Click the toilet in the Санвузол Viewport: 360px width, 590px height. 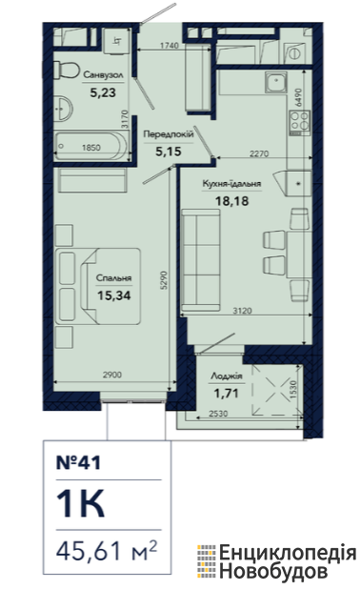pos(65,71)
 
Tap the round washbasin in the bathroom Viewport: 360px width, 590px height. pos(63,109)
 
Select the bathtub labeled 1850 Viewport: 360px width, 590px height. pos(90,147)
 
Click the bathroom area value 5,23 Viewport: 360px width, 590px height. pos(103,92)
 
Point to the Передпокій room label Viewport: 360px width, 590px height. pos(169,134)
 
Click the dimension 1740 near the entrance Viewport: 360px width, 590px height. pos(170,46)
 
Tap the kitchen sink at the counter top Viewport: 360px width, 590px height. pos(275,82)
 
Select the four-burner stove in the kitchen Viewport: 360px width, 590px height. pos(299,123)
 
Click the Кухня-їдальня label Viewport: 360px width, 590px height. pos(231,184)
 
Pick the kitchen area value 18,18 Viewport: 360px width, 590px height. pos(231,201)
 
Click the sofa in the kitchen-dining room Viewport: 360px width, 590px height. pos(200,260)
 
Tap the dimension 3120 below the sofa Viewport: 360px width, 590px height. pos(242,311)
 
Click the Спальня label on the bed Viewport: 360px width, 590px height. pos(114,278)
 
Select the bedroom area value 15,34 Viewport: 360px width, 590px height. pos(114,295)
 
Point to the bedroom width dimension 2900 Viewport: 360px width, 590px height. pos(112,375)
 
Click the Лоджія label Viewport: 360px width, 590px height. pos(227,376)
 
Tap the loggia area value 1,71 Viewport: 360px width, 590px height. pos(227,394)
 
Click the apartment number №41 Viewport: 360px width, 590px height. pos(78,462)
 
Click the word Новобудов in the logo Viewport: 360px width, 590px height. pos(273,571)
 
